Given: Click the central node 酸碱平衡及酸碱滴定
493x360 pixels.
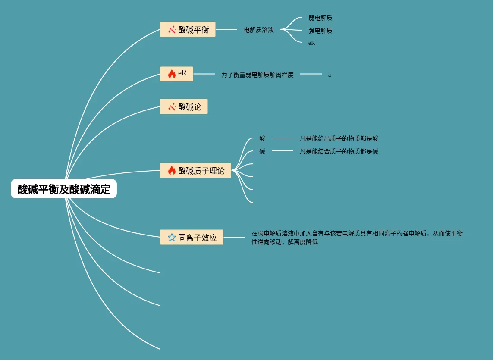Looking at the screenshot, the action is (x=64, y=189).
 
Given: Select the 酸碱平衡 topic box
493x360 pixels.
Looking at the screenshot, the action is (x=188, y=29).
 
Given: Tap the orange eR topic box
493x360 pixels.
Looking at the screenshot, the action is (x=176, y=74).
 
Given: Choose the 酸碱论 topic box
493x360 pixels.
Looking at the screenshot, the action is (x=184, y=106).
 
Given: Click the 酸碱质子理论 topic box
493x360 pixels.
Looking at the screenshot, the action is (x=195, y=170).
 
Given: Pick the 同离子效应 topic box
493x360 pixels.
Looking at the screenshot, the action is (x=192, y=237).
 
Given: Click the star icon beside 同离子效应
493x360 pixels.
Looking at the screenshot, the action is (x=172, y=237).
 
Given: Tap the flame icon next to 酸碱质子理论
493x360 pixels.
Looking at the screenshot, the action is (x=172, y=170).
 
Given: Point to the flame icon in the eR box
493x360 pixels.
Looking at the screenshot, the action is (x=172, y=74).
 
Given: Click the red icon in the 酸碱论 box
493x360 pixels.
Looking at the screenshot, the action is (x=172, y=106).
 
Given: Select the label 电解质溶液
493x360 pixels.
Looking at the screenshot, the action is (x=259, y=30).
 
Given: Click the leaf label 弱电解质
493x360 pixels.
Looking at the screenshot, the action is (x=320, y=18).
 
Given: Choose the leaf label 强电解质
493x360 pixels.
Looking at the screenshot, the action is (x=320, y=31).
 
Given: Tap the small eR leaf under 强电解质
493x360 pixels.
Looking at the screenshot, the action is (x=311, y=43).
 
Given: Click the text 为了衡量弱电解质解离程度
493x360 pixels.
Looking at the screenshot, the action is (x=257, y=75).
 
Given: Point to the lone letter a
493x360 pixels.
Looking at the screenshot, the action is (x=330, y=75).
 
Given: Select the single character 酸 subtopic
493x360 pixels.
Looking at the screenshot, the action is (x=262, y=138).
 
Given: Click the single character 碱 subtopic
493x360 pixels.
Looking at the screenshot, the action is (x=262, y=151).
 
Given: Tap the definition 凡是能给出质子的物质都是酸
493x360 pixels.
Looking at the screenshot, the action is (x=339, y=138).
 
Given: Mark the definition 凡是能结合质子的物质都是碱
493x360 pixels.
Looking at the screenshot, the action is (x=339, y=151).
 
